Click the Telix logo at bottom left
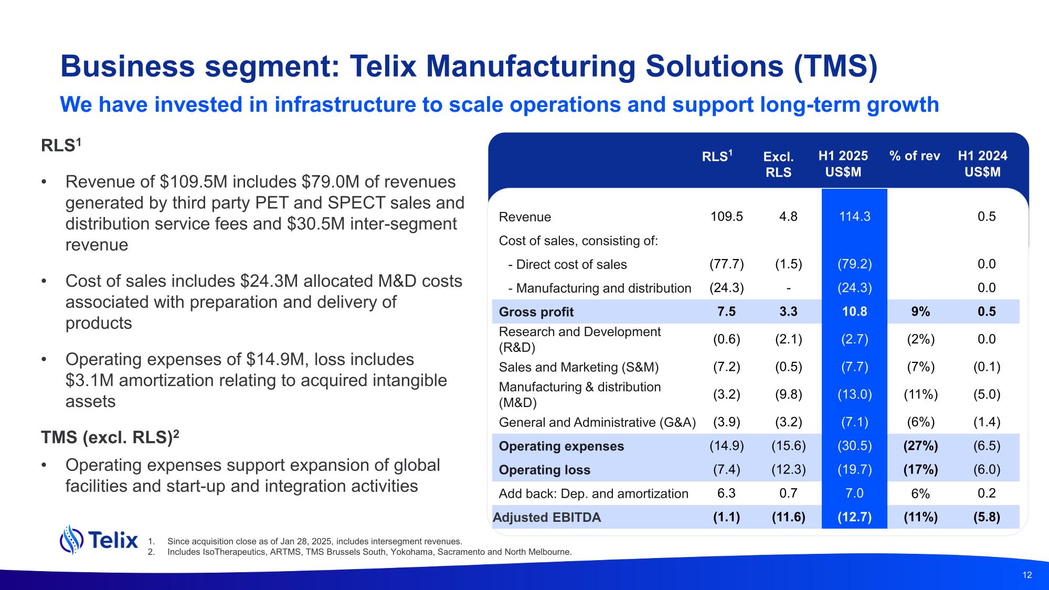99,540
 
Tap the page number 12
1027,575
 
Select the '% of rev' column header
915,156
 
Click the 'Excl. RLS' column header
778,164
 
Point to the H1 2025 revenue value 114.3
854,217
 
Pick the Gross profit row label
536,312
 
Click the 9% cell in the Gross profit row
920,312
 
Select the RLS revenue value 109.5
726,217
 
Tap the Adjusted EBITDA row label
547,518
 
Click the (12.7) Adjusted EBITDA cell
854,517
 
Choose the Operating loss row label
544,470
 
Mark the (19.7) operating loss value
854,469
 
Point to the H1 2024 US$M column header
982,164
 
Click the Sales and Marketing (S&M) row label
578,367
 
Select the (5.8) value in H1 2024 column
987,517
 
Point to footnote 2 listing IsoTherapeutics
359,552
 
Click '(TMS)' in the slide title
835,67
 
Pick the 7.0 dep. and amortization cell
854,493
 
